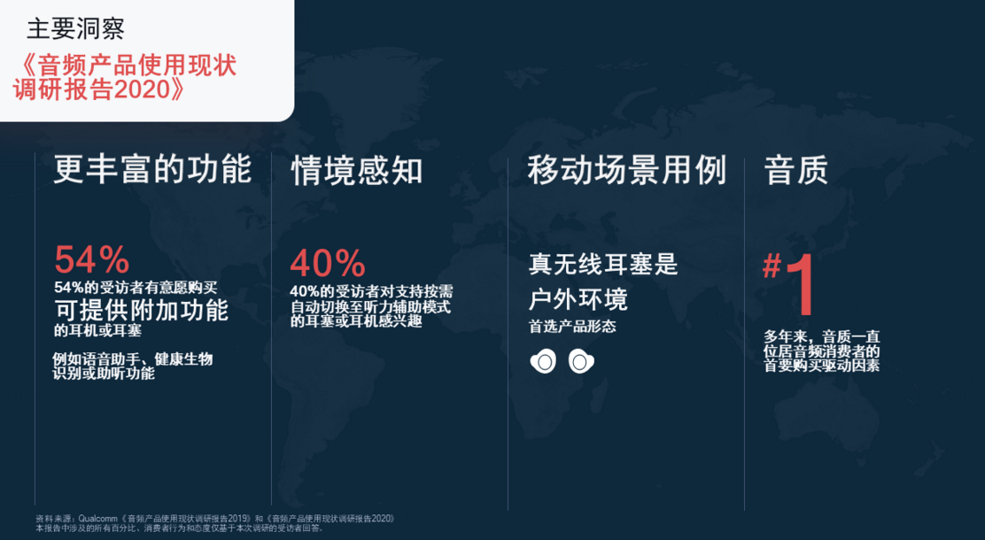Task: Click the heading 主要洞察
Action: tap(76, 28)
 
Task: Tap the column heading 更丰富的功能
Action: tap(152, 169)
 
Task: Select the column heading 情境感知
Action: tap(357, 171)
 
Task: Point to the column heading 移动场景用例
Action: tap(627, 170)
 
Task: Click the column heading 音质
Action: tap(796, 170)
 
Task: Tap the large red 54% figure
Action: tap(92, 259)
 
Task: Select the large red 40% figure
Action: tap(327, 263)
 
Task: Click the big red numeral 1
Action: tap(801, 284)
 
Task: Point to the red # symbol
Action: tap(772, 266)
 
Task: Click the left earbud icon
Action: tap(543, 361)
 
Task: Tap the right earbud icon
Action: tap(581, 361)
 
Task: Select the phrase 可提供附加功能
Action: tap(142, 310)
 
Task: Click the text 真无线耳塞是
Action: tap(603, 264)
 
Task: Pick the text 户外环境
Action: tap(578, 299)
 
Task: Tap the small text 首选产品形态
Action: tap(572, 327)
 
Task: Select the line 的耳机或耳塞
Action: tap(98, 329)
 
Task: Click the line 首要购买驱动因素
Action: tap(822, 366)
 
